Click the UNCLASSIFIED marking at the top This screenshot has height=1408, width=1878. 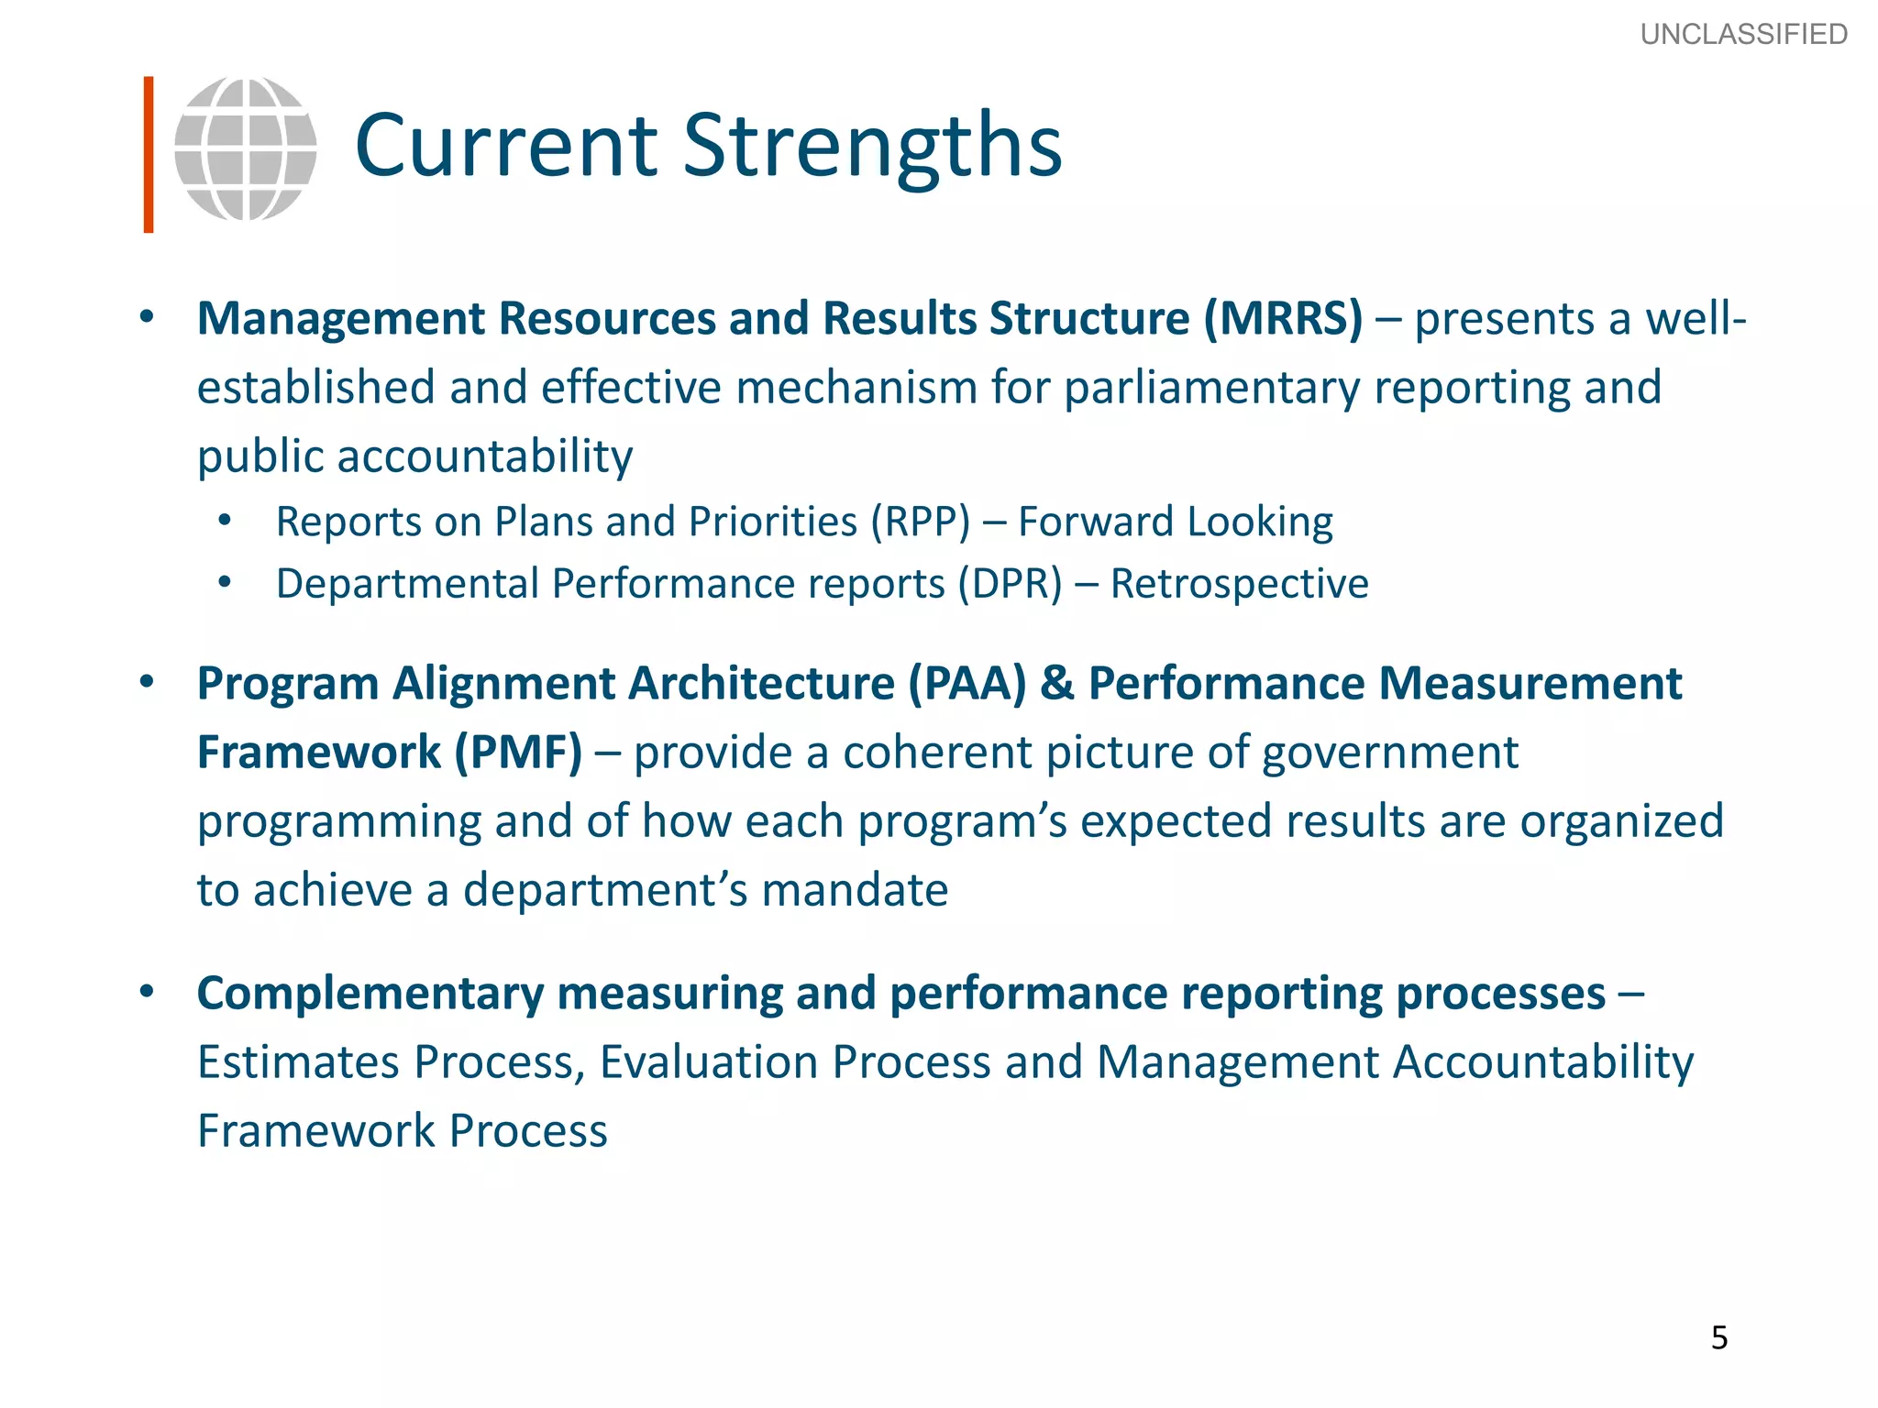coord(1743,34)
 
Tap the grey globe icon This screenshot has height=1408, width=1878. coord(246,148)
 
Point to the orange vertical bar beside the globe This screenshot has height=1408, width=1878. coord(149,154)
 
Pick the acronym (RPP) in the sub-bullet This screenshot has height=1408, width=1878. coord(920,522)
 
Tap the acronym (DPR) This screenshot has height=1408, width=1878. coord(1010,584)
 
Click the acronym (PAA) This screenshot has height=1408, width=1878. coord(967,684)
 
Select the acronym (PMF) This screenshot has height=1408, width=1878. coord(518,753)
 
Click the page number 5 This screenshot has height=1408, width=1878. coord(1719,1337)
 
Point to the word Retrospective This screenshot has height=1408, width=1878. coord(1239,584)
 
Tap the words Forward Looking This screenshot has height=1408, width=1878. coord(1175,522)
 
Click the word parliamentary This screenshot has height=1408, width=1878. coord(1211,388)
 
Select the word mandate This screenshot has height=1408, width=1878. coord(855,890)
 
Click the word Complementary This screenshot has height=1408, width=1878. coord(370,994)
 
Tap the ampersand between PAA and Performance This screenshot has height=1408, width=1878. coord(1057,684)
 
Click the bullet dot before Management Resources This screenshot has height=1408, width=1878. coord(147,317)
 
